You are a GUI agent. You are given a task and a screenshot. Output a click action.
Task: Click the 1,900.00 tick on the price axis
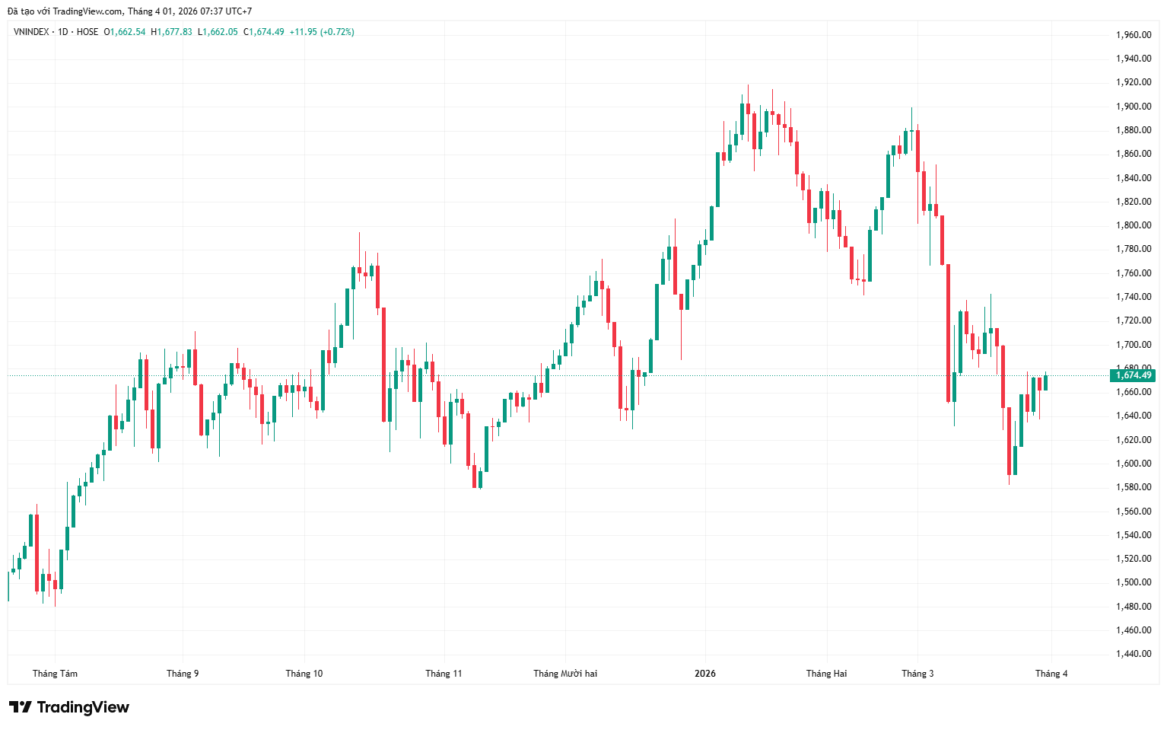[1133, 107]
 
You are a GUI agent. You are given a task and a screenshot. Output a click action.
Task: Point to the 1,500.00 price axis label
[1133, 582]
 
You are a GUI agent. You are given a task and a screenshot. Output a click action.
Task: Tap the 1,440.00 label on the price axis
[1133, 654]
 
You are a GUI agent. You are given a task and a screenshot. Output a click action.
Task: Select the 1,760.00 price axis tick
[1133, 273]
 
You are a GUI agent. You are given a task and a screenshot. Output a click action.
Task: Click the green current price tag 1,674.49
[1134, 375]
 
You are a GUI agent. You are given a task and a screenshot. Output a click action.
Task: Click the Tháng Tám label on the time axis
[55, 674]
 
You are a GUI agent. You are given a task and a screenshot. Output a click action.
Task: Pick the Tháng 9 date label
[183, 674]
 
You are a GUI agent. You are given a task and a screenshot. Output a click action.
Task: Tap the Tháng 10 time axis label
[304, 674]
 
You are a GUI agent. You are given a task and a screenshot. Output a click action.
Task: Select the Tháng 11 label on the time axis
[444, 674]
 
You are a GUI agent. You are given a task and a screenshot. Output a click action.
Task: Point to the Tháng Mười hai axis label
[565, 674]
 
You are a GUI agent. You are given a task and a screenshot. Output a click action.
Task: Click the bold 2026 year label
[705, 674]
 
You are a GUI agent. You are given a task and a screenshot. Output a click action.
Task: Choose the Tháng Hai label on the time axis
[826, 674]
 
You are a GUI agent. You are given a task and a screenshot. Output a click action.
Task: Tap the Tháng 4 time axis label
[1051, 674]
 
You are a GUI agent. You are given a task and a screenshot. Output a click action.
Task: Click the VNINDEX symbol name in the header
[31, 32]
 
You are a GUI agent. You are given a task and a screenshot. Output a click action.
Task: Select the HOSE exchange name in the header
[87, 32]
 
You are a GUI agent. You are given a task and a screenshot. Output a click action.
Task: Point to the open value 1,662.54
[128, 32]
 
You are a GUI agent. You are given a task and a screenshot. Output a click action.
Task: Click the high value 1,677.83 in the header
[174, 32]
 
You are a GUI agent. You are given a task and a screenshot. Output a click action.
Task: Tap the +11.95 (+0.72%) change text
[322, 32]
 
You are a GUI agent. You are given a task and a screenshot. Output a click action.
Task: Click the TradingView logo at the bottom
[69, 707]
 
